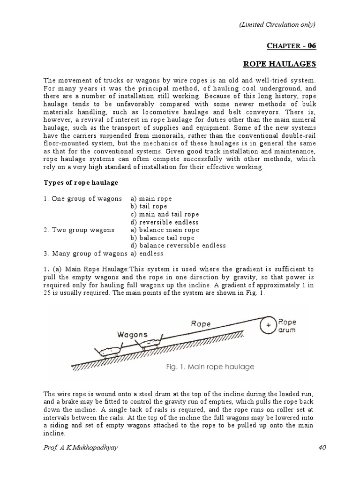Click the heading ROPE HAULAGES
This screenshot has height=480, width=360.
280,64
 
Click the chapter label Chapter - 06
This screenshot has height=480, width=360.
292,45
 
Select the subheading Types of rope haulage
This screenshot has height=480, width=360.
81,182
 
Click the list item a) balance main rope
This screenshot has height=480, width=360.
165,230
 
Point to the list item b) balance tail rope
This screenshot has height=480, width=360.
163,238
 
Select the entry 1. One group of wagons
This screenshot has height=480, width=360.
83,198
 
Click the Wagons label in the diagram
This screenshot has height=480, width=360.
133,335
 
